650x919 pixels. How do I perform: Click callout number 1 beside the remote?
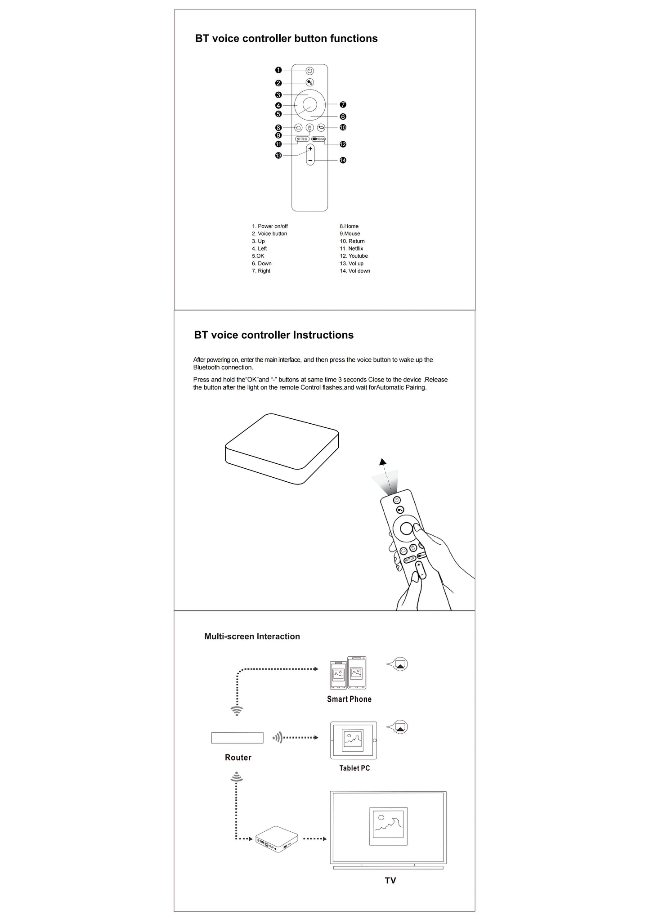278,70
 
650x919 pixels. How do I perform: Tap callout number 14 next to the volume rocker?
343,160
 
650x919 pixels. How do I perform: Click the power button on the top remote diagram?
310,71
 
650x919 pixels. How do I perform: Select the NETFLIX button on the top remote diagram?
302,139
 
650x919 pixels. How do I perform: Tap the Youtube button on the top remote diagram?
318,139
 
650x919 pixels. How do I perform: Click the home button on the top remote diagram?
298,127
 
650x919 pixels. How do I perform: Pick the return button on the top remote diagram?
321,127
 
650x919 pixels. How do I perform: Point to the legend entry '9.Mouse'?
350,233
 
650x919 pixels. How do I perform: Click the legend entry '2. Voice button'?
269,233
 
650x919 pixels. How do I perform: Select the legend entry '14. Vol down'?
355,271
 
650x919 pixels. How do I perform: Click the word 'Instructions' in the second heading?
323,335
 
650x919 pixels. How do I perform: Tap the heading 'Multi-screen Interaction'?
252,637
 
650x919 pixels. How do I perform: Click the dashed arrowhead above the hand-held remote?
383,462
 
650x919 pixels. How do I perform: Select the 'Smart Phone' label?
349,699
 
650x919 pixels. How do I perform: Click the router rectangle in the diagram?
237,738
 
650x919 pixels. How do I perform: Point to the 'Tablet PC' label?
354,768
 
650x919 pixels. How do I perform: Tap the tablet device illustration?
354,740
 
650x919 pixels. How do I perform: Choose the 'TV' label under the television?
390,880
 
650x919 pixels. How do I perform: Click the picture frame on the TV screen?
388,826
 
